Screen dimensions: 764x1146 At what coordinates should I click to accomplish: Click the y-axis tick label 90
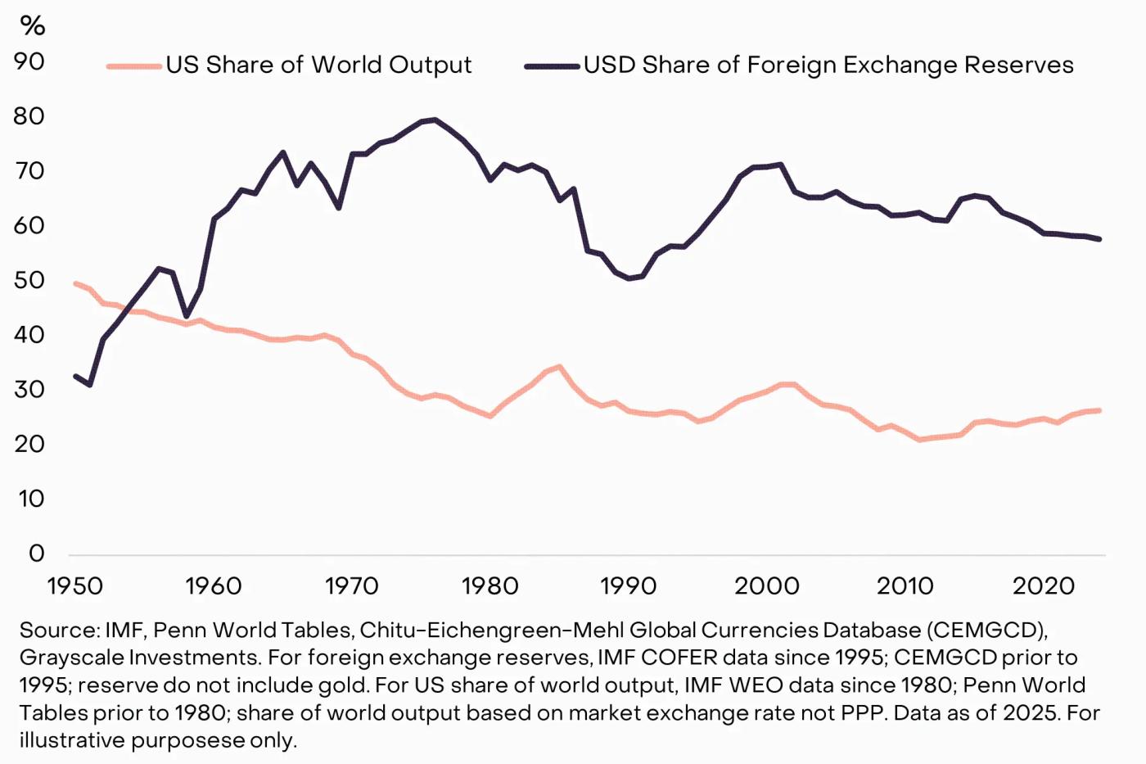(x=29, y=61)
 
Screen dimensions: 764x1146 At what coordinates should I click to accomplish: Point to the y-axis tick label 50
(x=29, y=280)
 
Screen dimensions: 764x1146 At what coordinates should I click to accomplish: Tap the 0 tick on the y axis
(x=36, y=553)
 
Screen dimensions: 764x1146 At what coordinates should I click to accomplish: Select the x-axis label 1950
(x=75, y=586)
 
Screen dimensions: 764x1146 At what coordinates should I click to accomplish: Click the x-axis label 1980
(x=490, y=586)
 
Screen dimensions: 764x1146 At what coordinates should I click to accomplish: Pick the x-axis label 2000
(x=767, y=586)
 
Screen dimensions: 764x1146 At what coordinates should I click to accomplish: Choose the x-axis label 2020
(x=1044, y=586)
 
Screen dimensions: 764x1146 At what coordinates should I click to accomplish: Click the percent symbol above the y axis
(x=33, y=26)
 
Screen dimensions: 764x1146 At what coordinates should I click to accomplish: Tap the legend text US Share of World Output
(x=318, y=66)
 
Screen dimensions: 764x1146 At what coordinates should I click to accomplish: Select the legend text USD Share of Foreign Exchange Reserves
(x=828, y=66)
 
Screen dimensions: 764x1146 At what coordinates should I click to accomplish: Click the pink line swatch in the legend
(x=133, y=66)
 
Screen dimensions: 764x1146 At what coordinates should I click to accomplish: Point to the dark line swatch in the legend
(x=552, y=66)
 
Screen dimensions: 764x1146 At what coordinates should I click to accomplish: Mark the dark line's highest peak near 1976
(x=435, y=120)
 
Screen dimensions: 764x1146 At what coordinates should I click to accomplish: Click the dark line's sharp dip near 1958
(x=187, y=316)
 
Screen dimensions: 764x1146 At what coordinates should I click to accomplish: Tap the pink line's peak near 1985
(x=559, y=366)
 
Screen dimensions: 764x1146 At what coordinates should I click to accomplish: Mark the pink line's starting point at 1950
(x=75, y=283)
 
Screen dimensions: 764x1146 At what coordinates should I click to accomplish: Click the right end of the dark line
(x=1099, y=239)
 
